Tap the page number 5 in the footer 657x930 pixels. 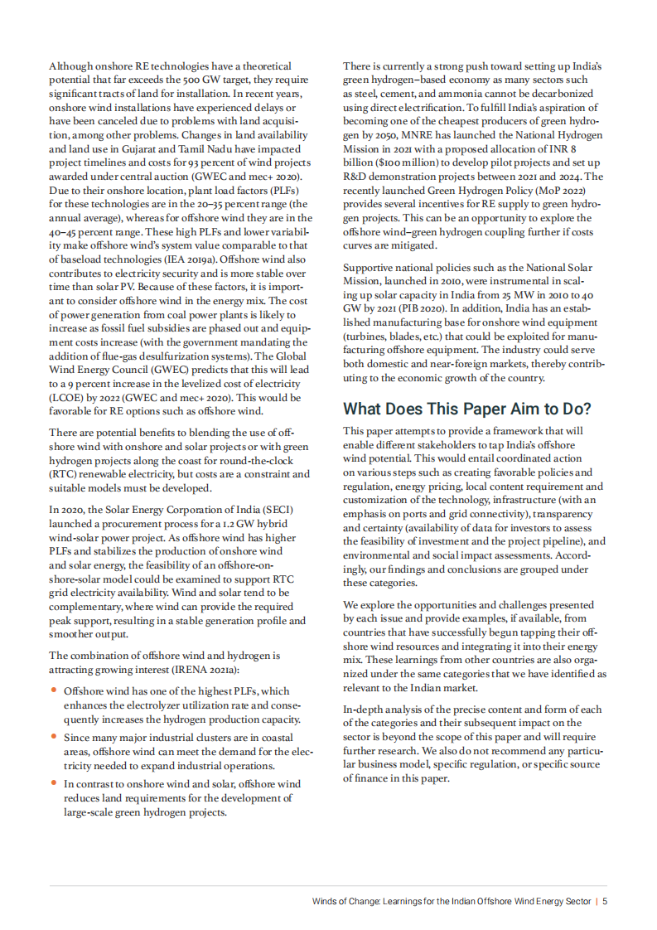[606, 902]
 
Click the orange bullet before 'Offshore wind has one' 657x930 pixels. [54, 690]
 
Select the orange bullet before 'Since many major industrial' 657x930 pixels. [54, 736]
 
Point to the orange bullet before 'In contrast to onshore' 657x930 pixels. [54, 782]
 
